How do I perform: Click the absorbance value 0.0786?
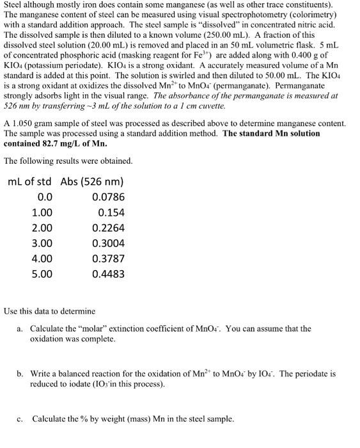pyautogui.click(x=109, y=197)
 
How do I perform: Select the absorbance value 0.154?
pyautogui.click(x=111, y=212)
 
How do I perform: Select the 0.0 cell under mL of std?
pyautogui.click(x=45, y=197)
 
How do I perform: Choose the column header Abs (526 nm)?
pyautogui.click(x=92, y=181)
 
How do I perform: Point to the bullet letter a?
pyautogui.click(x=20, y=329)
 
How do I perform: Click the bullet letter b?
pyautogui.click(x=20, y=373)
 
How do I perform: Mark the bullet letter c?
pyautogui.click(x=20, y=419)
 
